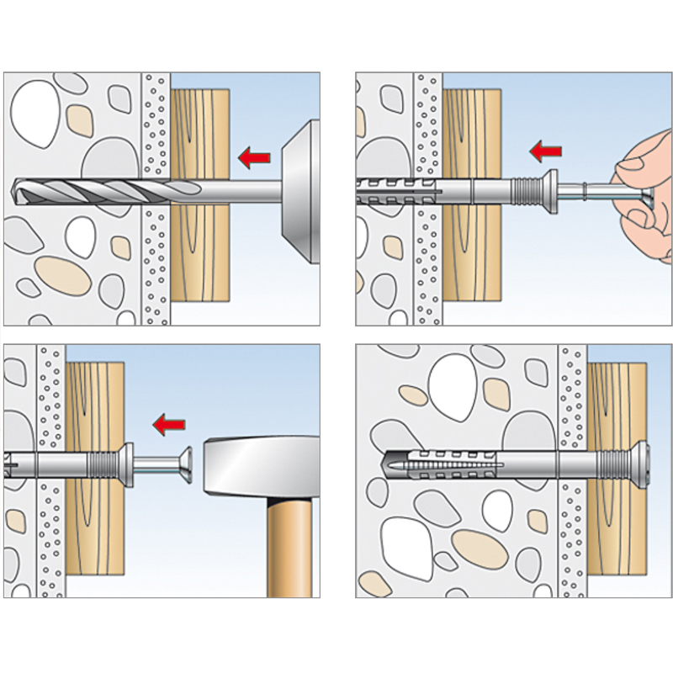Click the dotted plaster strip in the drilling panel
[156, 252]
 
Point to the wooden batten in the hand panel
[473, 261]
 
